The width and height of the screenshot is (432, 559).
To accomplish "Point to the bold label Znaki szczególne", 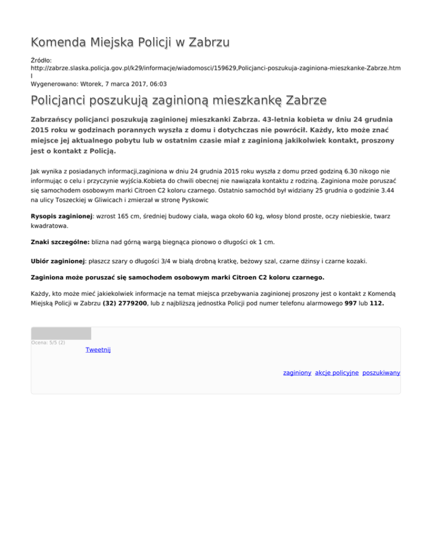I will [60, 242].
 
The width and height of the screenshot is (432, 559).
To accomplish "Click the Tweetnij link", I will [98, 350].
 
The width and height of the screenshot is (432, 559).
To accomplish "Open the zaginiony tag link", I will [297, 373].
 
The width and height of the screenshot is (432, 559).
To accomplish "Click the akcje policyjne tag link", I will [337, 373].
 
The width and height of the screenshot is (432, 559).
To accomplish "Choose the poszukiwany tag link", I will [381, 373].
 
